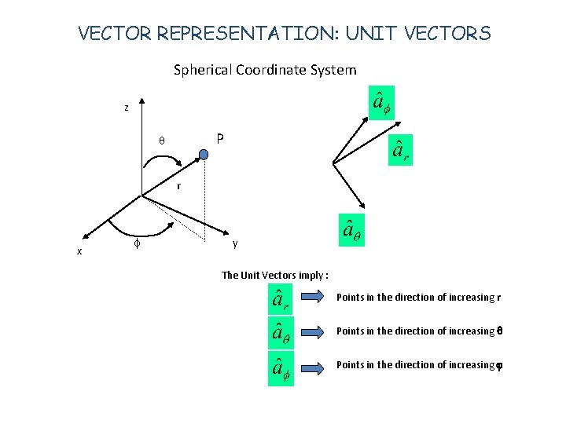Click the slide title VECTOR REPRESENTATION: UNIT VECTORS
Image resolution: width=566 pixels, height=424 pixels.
point(285,34)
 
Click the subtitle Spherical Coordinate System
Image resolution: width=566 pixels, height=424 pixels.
point(265,70)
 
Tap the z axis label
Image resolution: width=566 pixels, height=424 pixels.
point(126,108)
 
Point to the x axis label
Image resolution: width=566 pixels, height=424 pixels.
point(79,251)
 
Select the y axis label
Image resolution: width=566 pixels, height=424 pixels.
point(235,243)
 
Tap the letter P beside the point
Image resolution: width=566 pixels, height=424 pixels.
point(220,139)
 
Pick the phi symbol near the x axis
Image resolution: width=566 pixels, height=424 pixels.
point(138,244)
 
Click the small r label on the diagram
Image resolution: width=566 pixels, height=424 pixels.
point(179,186)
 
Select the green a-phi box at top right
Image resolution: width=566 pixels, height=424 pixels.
point(381,103)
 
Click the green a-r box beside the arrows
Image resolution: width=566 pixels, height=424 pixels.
point(401,149)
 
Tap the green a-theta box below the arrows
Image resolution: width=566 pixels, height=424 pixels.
point(351,230)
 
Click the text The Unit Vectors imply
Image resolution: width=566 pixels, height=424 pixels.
point(275,275)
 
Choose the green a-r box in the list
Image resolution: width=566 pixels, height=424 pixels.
point(279,299)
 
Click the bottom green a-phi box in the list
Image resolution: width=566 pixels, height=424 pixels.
point(280,368)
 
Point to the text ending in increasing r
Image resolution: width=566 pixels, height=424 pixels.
point(418,298)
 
